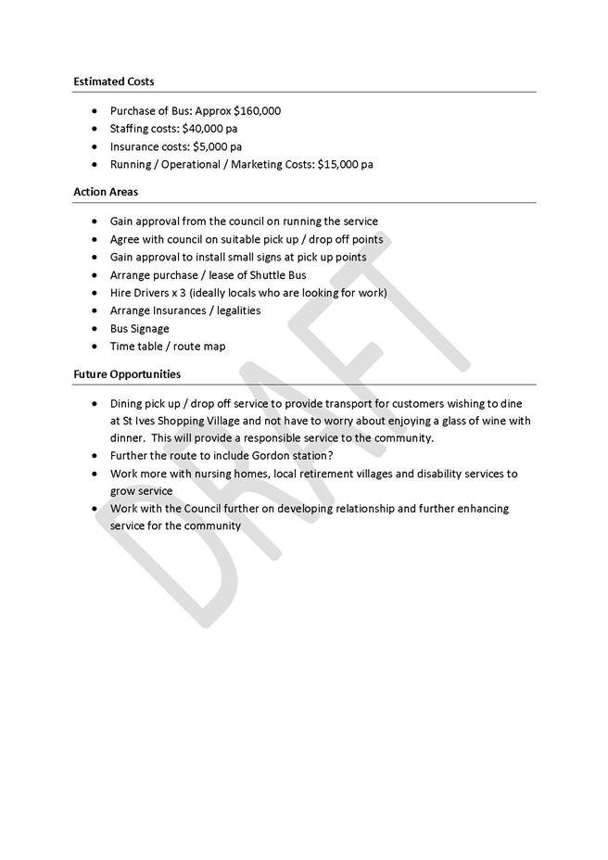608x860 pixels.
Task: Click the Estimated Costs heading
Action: tap(113, 82)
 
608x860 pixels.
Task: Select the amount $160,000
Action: tap(257, 111)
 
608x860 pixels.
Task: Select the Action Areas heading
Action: tap(105, 192)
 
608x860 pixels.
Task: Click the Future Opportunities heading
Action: tap(127, 374)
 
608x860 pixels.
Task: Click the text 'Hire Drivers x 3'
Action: tap(148, 293)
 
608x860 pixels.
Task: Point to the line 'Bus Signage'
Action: tap(139, 328)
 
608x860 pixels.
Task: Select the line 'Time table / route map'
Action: tap(167, 347)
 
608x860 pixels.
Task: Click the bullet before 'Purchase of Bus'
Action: tap(96, 111)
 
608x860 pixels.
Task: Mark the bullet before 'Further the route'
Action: tap(96, 456)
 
